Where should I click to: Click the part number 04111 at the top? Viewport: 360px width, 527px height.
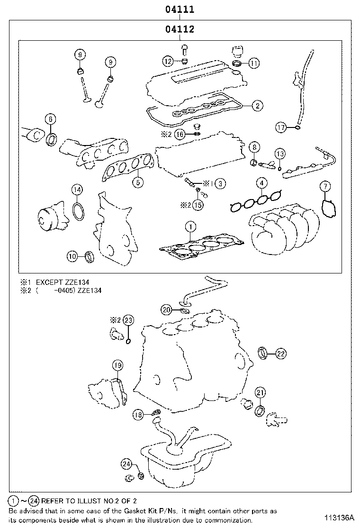pyautogui.click(x=180, y=9)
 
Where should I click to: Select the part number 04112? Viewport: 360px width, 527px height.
pyautogui.click(x=180, y=29)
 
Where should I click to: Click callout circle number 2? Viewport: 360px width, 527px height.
pyautogui.click(x=257, y=106)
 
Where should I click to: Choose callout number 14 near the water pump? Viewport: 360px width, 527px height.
pyautogui.click(x=77, y=190)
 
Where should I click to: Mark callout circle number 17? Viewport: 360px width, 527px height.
pyautogui.click(x=282, y=127)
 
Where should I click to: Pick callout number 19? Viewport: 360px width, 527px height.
pyautogui.click(x=117, y=365)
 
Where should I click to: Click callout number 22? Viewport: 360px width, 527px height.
pyautogui.click(x=280, y=353)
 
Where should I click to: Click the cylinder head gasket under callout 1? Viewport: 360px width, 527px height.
pyautogui.click(x=201, y=246)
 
